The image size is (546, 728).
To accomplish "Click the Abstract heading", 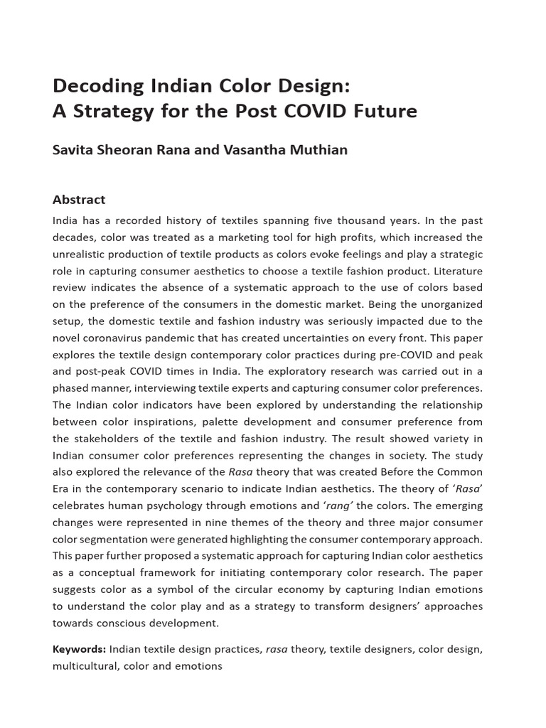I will tap(79, 200).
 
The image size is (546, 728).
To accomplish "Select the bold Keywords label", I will tap(79, 649).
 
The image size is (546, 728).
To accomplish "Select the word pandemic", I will tap(186, 338).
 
